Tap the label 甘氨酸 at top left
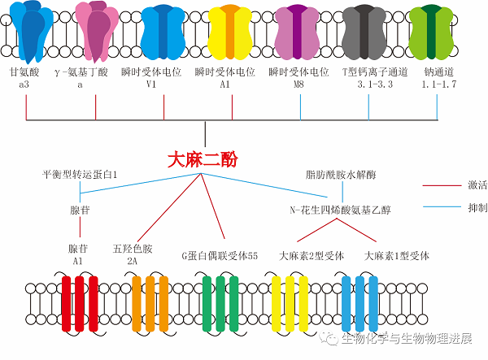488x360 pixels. point(25,72)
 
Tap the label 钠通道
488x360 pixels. point(438,72)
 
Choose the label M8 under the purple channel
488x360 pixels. point(300,85)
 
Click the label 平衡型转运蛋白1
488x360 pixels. point(81,175)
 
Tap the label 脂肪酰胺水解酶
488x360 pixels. point(341,175)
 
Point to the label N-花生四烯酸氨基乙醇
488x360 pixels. point(341,210)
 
